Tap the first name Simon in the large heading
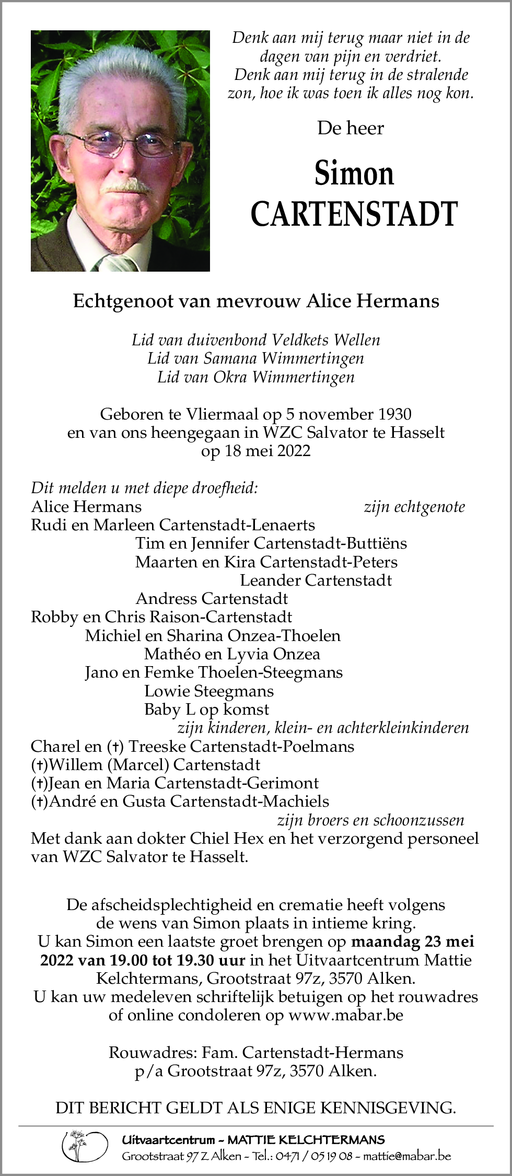click(x=354, y=174)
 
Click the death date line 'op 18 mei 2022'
click(x=256, y=451)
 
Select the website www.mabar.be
click(x=346, y=1015)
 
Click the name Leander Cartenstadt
click(x=316, y=580)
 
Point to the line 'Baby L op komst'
click(x=207, y=709)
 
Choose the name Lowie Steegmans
click(x=209, y=691)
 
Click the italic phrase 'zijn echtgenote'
click(x=414, y=507)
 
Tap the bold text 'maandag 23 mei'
click(x=413, y=941)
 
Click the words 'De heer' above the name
click(x=351, y=128)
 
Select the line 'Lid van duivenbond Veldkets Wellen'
click(x=256, y=340)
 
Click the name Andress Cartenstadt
click(x=212, y=598)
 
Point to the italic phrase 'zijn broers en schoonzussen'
click(x=370, y=820)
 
